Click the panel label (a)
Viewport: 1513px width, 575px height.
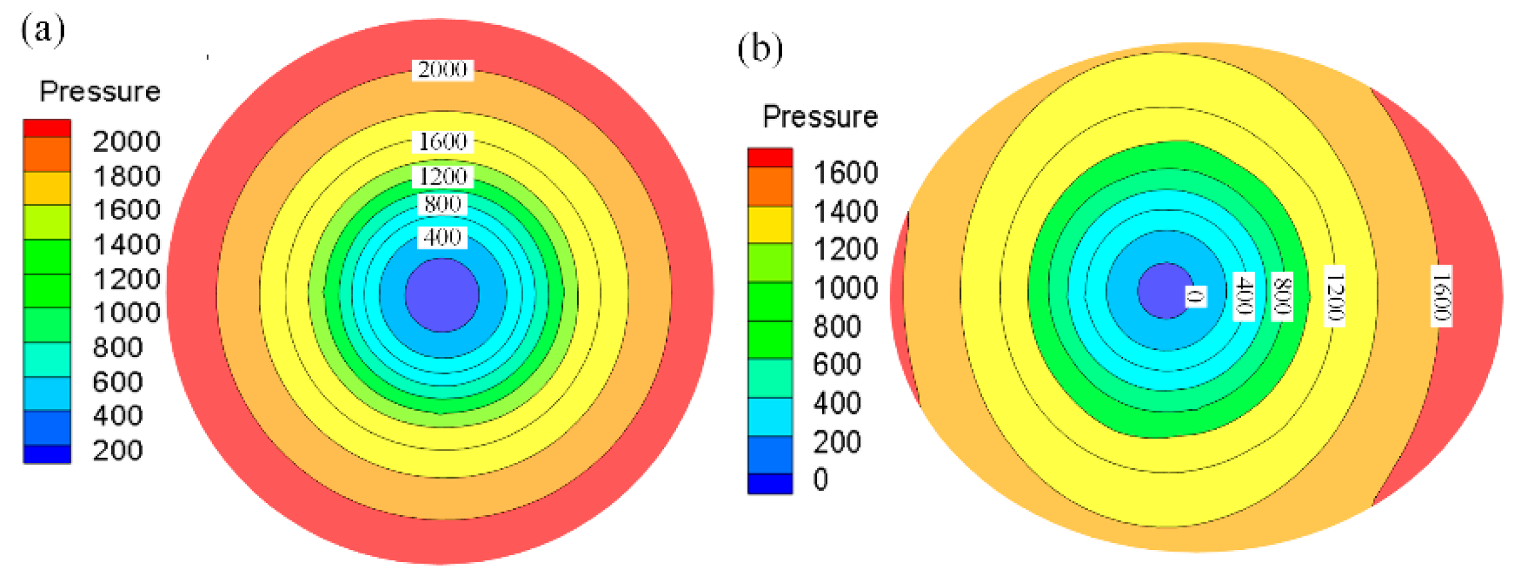coord(43,30)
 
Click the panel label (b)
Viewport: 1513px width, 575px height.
coord(760,49)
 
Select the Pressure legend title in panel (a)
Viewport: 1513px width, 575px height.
coord(100,91)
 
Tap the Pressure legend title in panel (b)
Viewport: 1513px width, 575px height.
coord(820,117)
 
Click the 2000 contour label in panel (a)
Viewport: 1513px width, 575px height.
coord(442,69)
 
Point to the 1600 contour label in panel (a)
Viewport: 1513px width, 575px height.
coord(442,141)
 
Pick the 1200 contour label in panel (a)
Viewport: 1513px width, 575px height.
coord(442,176)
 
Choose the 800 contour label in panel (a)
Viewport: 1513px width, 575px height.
coord(442,205)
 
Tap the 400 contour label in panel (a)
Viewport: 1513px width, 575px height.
coord(442,237)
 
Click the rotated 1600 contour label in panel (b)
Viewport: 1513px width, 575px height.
coord(1441,296)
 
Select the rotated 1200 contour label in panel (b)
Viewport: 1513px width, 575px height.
coord(1334,296)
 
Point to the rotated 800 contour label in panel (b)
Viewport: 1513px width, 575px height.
coord(1282,297)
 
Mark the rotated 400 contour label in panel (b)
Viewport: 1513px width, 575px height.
coord(1244,297)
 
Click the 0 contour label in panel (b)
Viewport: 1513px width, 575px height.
coord(1195,297)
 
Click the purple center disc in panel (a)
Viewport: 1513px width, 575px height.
coord(442,295)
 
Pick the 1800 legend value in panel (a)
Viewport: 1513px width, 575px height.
coord(127,176)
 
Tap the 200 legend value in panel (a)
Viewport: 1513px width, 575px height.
coord(118,450)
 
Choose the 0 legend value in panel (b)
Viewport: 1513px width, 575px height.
coord(821,480)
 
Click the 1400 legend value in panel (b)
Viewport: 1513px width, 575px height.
coord(845,212)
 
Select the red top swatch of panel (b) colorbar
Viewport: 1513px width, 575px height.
coord(769,158)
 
